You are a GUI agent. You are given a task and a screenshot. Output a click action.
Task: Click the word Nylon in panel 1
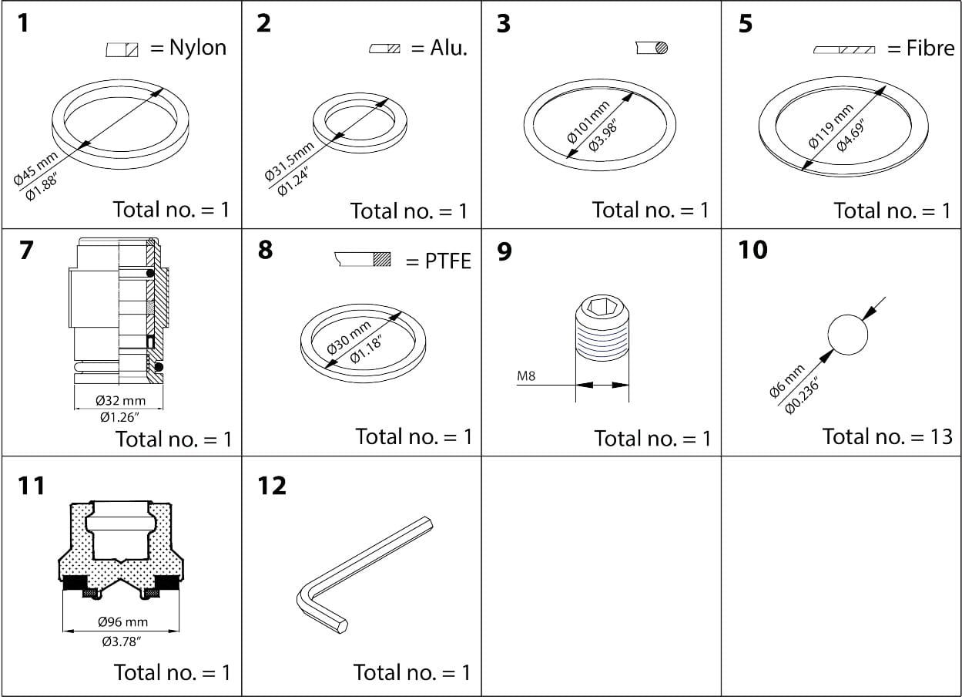pyautogui.click(x=198, y=48)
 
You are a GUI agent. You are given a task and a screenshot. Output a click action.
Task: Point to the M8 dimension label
pyautogui.click(x=526, y=377)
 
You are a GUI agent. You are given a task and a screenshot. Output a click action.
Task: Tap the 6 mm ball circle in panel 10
pyautogui.click(x=847, y=335)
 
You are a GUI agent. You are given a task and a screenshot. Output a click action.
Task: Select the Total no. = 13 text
pyautogui.click(x=887, y=436)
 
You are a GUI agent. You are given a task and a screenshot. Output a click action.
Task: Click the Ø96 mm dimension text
pyautogui.click(x=122, y=622)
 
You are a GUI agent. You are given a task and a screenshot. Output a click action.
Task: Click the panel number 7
pyautogui.click(x=26, y=251)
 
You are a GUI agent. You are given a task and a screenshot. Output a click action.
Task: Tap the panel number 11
pyautogui.click(x=32, y=486)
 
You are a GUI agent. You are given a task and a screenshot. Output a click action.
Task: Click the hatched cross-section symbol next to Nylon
pyautogui.click(x=122, y=50)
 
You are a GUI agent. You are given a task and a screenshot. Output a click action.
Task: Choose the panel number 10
pyautogui.click(x=753, y=251)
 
